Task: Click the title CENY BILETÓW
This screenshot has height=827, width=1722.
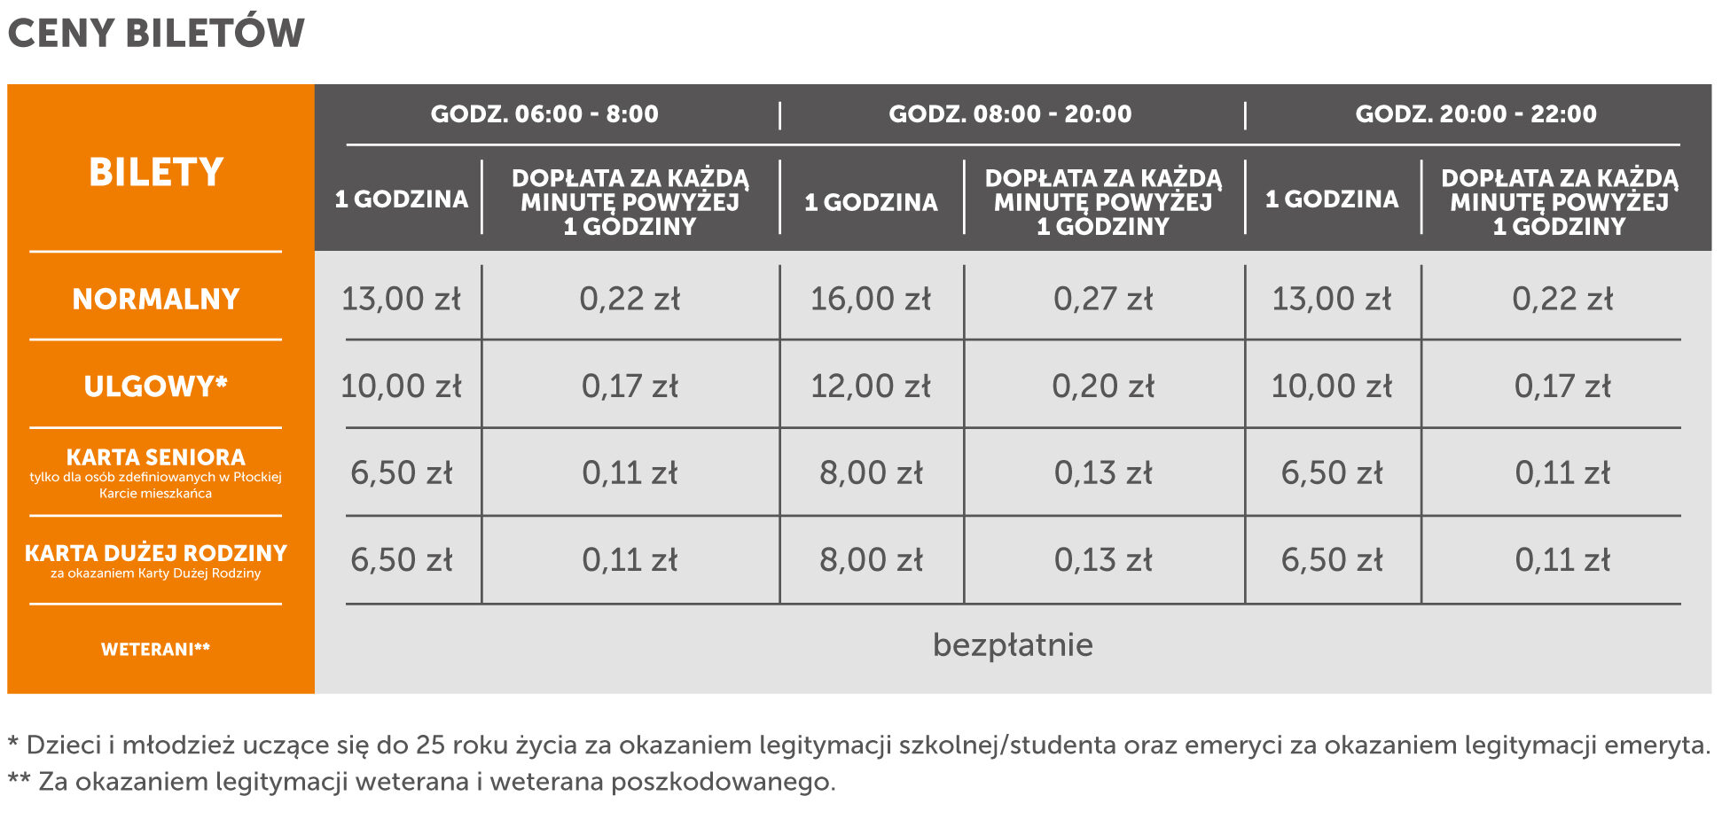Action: (156, 34)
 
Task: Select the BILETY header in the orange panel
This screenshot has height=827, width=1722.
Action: (156, 172)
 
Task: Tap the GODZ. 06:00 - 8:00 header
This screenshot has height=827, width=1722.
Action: (544, 114)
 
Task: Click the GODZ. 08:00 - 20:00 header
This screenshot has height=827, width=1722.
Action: (1010, 114)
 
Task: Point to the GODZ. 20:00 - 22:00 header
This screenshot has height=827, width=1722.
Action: (1475, 114)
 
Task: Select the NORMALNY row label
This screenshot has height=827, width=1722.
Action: (156, 300)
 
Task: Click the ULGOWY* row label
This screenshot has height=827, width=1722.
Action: (156, 386)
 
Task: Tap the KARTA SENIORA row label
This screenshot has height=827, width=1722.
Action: (156, 457)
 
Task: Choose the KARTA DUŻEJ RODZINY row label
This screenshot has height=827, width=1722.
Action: (156, 554)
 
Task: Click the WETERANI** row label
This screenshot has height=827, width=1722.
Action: (156, 650)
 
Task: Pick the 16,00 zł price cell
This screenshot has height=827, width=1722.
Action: (871, 300)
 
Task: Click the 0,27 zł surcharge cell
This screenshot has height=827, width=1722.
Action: (1103, 300)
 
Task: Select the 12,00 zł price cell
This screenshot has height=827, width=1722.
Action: (871, 386)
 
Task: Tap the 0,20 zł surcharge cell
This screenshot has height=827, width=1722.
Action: (1103, 386)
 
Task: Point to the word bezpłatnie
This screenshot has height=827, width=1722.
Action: (1013, 645)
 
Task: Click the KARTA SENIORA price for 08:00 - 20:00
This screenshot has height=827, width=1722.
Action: (871, 473)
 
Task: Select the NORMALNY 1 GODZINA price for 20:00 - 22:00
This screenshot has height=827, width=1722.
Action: (1332, 300)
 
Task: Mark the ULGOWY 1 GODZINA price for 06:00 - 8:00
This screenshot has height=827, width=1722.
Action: (402, 386)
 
